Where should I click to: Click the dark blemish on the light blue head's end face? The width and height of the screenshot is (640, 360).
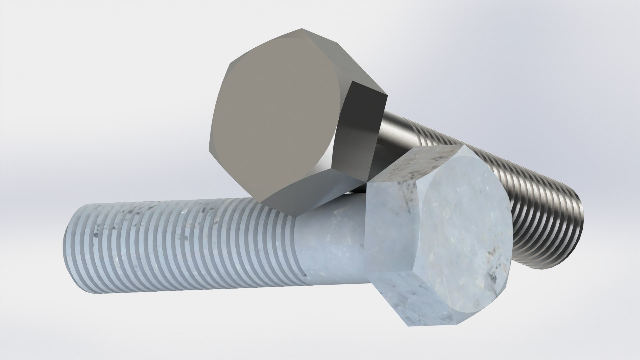click(492, 267)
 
